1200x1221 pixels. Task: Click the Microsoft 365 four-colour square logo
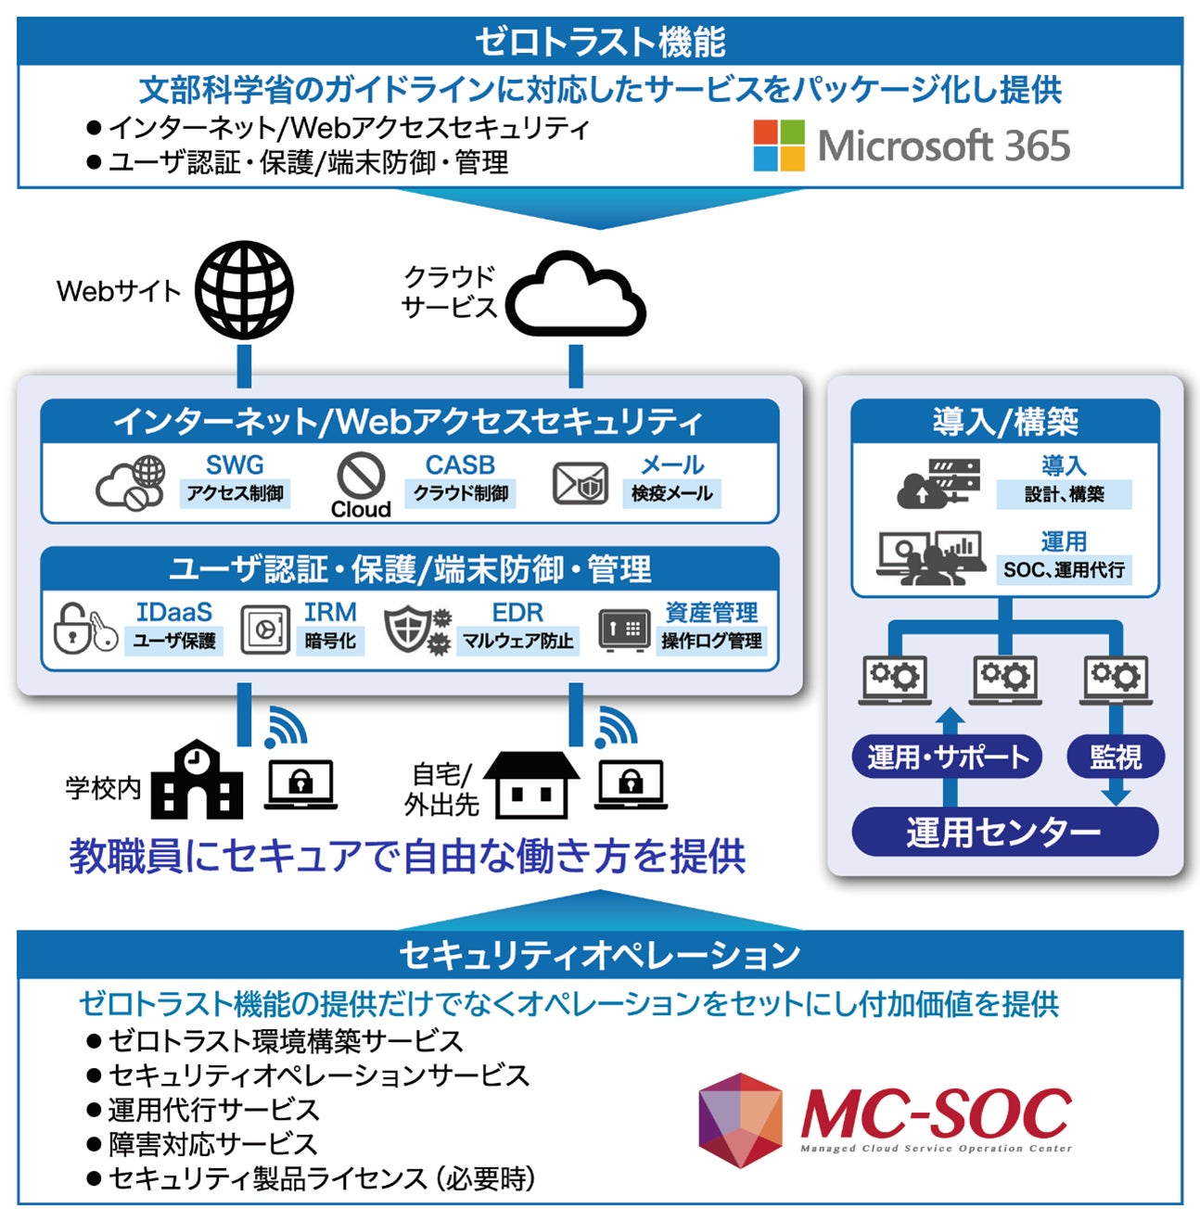coord(778,146)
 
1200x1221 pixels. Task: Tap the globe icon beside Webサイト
coord(244,289)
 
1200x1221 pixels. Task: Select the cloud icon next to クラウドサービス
coord(575,295)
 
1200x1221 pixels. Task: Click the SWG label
coord(235,464)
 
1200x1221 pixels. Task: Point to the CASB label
coord(460,464)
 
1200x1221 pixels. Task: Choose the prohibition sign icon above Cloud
coord(361,476)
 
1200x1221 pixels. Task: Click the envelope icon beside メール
coord(580,483)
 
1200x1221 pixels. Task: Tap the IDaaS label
coord(173,612)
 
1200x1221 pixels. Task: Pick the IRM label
coord(330,612)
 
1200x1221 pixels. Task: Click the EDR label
coord(517,612)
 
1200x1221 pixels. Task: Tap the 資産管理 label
coord(711,612)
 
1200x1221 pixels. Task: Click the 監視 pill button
coord(1115,757)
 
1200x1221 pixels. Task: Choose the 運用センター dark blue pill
coord(1004,832)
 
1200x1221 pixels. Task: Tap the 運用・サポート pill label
coord(947,757)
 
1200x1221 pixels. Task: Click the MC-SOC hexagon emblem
coord(740,1119)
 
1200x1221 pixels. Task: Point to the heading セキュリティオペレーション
coord(600,954)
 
